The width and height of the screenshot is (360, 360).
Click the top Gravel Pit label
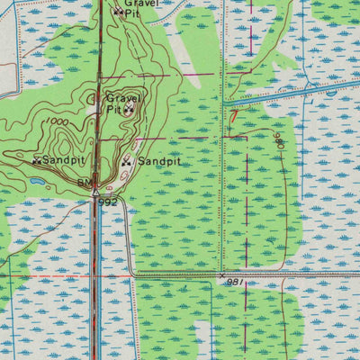[x=139, y=8]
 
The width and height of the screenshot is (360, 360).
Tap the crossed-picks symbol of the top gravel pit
[x=118, y=13]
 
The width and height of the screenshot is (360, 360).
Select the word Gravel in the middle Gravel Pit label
[x=124, y=97]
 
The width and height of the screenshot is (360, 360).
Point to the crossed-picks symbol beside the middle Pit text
[x=130, y=110]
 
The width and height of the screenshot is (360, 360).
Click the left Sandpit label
[x=64, y=160]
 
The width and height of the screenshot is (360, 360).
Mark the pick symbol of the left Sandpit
[x=37, y=161]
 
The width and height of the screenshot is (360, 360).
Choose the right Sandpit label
[x=159, y=162]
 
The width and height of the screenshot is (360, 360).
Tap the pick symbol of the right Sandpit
[x=127, y=162]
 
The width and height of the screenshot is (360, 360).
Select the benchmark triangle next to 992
[x=94, y=191]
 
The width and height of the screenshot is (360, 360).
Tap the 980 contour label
[x=279, y=139]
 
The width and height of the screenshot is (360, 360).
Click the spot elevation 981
[x=235, y=282]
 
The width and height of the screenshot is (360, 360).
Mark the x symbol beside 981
[x=222, y=274]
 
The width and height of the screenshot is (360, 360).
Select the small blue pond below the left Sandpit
[x=38, y=180]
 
